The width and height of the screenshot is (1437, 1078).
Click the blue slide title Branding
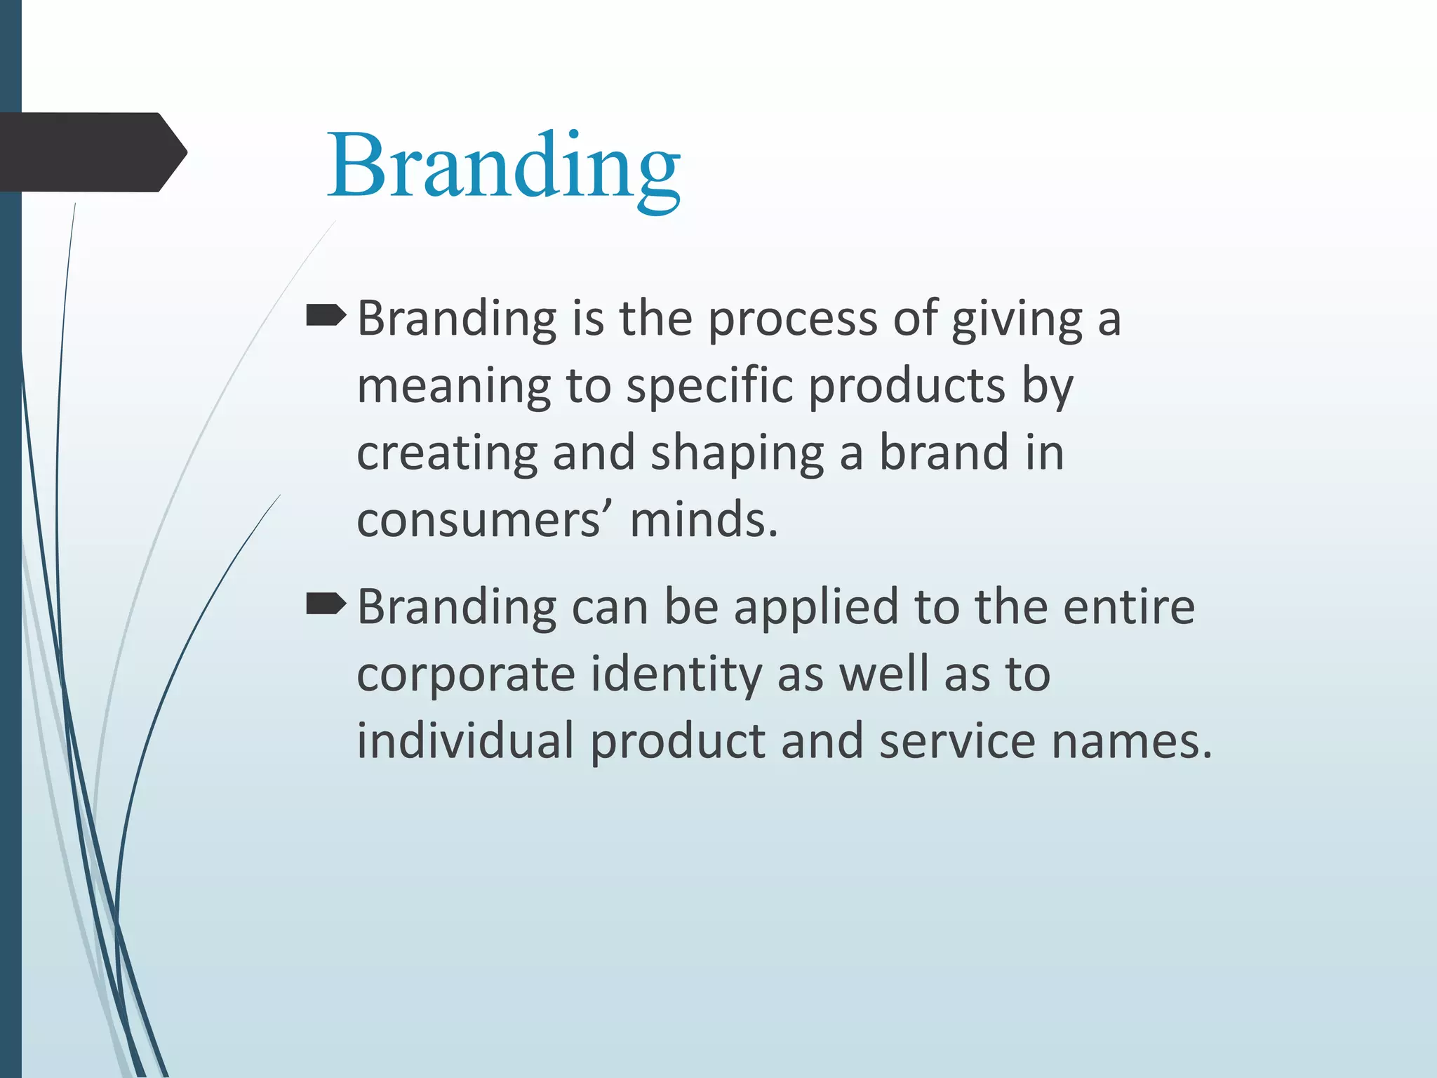coord(503,167)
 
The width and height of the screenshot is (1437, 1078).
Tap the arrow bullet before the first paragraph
coord(326,317)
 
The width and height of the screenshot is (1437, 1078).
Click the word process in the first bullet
coord(792,320)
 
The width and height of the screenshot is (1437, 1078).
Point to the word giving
coord(1017,320)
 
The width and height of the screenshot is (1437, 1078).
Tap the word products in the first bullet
coord(907,387)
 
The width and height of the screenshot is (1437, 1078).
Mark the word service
coord(957,741)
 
